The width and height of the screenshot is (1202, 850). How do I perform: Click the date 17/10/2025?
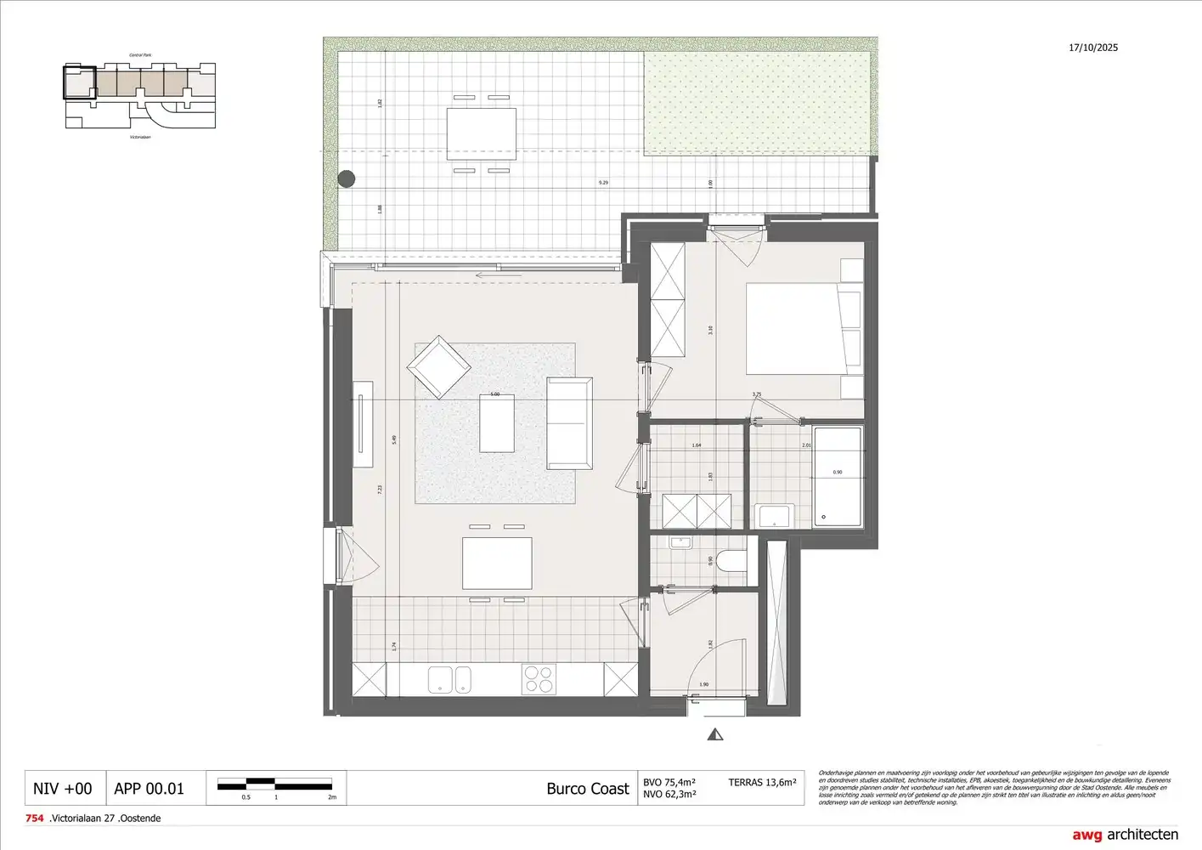1093,48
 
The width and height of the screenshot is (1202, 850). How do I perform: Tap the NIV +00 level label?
62,789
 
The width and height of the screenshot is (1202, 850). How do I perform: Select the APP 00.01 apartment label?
149,789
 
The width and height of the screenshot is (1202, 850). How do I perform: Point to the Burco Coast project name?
587,789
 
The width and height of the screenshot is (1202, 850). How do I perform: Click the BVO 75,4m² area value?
669,782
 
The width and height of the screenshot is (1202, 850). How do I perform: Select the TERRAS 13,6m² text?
762,782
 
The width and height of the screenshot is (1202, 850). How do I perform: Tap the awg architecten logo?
1125,834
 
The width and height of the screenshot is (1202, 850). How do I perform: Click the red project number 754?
35,819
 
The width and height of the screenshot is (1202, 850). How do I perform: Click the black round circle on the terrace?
347,178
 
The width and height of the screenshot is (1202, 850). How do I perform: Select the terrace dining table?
482,133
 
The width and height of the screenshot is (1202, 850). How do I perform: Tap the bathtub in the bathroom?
837,477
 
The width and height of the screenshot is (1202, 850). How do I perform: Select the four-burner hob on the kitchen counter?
538,680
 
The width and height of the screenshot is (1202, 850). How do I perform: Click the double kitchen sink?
450,680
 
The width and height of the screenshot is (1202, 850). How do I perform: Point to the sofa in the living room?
569,423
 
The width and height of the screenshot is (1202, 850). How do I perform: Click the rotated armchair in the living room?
438,367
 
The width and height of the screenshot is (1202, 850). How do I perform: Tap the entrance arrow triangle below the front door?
716,734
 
